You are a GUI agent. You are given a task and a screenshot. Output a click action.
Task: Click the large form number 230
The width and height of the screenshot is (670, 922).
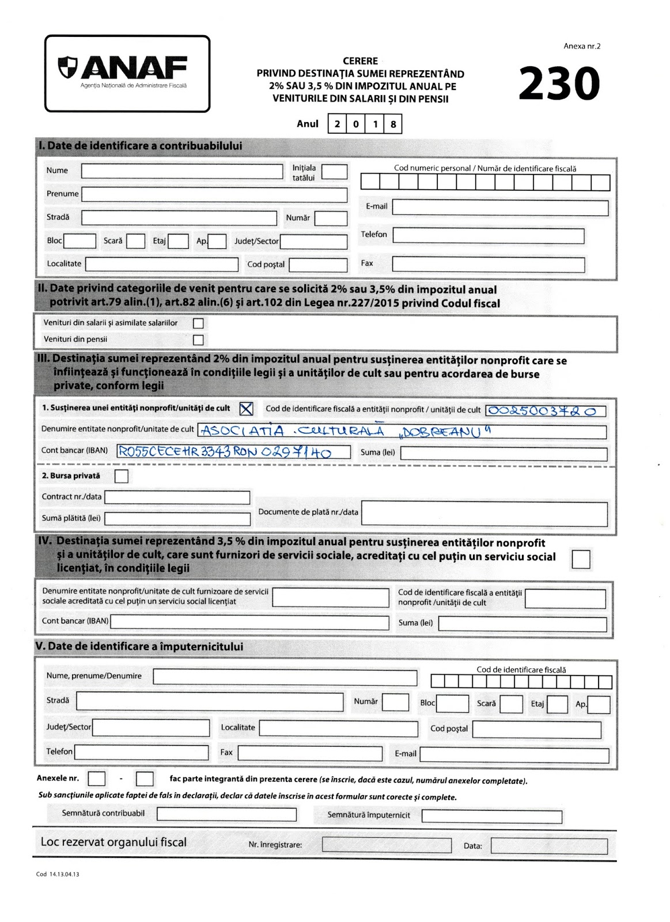559,84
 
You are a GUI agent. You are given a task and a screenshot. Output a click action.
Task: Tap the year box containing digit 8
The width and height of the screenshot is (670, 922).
393,124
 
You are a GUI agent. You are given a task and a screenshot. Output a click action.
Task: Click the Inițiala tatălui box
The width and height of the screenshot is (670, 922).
334,172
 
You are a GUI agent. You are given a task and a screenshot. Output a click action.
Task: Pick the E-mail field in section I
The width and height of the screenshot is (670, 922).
500,207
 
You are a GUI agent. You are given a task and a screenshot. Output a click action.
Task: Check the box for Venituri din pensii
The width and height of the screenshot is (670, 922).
198,340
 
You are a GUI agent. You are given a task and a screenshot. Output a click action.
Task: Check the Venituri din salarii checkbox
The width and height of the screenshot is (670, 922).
198,323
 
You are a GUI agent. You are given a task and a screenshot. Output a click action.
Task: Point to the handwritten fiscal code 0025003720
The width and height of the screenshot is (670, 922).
545,411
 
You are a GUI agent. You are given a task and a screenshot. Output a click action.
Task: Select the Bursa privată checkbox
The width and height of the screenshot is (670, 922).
122,476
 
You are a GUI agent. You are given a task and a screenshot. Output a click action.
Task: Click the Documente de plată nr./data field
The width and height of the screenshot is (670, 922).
484,513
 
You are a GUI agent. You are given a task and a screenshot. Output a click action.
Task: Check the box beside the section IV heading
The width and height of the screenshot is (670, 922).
581,559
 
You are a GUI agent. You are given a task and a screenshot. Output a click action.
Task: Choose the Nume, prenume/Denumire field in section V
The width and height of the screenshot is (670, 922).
285,677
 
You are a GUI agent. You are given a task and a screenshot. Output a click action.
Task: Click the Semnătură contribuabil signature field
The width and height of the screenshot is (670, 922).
226,814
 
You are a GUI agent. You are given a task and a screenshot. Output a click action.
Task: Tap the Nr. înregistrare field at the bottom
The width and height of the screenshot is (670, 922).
386,845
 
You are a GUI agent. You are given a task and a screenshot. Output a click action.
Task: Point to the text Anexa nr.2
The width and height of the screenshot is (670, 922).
582,47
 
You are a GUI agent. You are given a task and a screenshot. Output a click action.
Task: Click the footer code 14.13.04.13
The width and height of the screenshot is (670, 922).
58,874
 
